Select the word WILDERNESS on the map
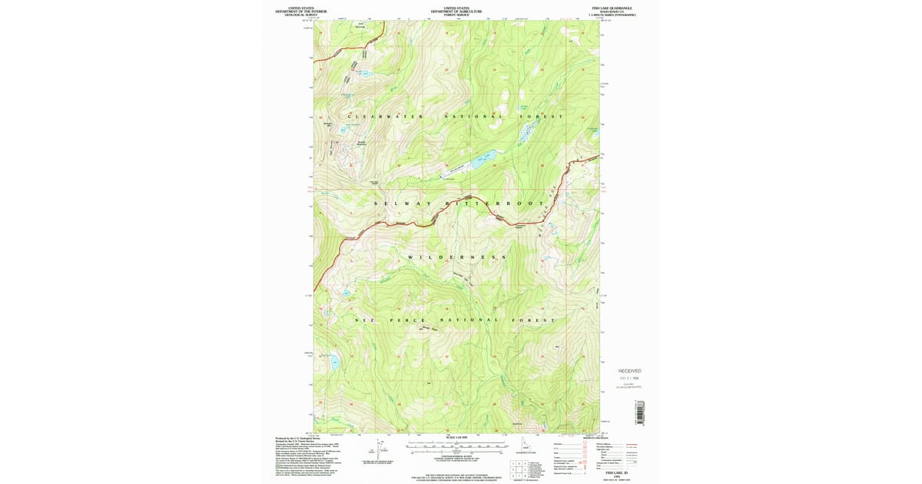(x=457, y=257)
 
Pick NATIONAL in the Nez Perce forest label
(x=469, y=320)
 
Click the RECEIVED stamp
(x=629, y=370)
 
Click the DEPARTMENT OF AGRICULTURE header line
(x=456, y=12)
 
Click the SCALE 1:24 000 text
(x=456, y=438)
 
